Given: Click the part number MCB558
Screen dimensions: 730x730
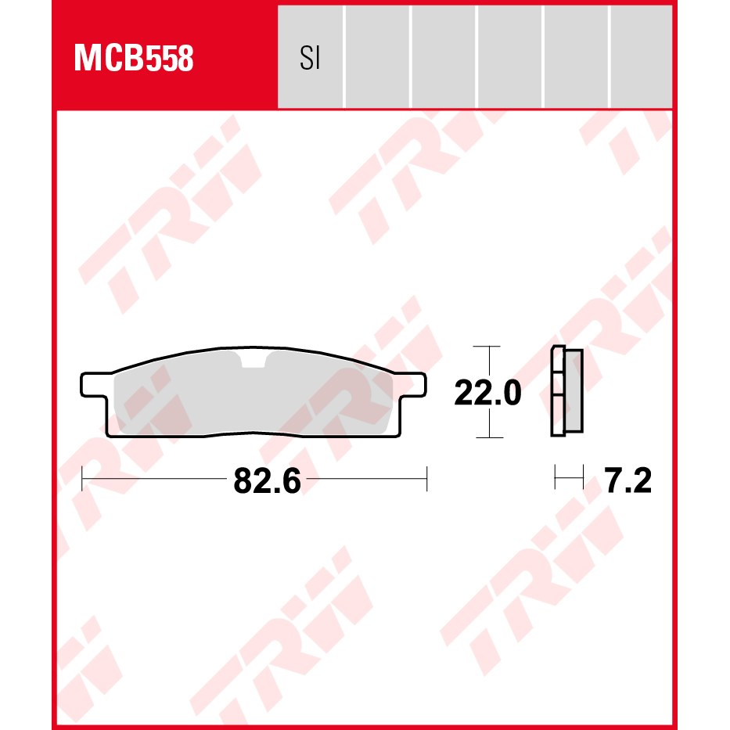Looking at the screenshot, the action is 134,58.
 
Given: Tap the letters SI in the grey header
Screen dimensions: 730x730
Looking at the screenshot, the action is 310,58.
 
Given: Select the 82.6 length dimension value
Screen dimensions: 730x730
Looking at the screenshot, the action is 268,480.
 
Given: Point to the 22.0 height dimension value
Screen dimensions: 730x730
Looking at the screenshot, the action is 487,393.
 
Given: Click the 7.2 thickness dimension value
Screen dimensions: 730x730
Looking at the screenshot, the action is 628,480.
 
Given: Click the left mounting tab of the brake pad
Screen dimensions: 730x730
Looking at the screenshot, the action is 94,385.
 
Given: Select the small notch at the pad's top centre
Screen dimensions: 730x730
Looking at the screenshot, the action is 254,360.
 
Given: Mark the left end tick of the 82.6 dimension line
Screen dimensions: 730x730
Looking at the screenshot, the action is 82,478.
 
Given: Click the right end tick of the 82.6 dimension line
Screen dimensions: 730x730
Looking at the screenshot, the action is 426,478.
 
